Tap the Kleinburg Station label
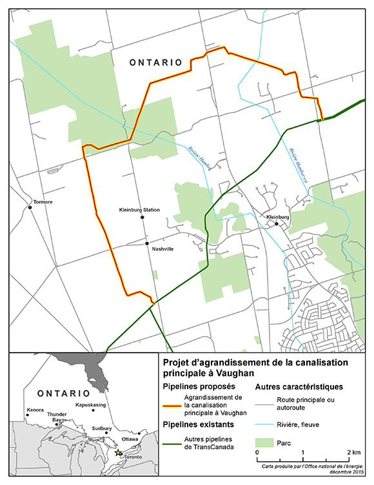[139, 210]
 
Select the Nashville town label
[162, 249]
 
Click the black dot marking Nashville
[148, 243]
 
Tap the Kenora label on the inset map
[35, 410]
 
